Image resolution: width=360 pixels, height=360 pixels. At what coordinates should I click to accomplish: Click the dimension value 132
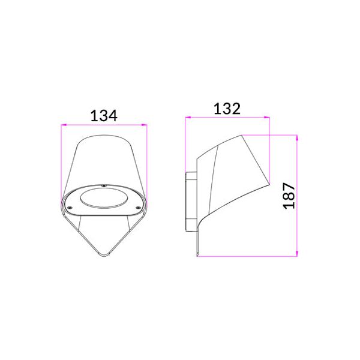tap(227, 109)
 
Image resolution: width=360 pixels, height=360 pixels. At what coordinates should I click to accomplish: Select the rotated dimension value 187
tap(289, 196)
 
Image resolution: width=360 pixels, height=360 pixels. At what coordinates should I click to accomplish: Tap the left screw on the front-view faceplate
tap(70, 209)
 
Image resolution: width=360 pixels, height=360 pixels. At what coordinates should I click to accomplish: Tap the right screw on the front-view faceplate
tap(139, 209)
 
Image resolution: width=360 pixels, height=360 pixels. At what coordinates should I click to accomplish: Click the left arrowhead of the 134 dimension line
tap(63, 125)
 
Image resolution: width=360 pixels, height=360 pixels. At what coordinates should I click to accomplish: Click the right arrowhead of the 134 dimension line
tap(146, 125)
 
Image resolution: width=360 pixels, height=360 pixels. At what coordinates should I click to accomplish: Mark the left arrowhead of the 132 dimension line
tap(187, 118)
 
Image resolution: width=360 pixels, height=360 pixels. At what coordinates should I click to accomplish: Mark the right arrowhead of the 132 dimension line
tap(268, 118)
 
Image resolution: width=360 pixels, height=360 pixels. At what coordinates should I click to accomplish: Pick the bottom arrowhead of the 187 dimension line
tap(297, 255)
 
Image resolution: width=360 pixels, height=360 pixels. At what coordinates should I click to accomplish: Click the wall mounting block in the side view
tap(191, 201)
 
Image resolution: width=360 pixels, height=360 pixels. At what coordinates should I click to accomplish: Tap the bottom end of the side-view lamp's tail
tap(198, 255)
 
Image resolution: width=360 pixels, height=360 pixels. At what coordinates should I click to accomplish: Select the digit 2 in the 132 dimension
tap(237, 109)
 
